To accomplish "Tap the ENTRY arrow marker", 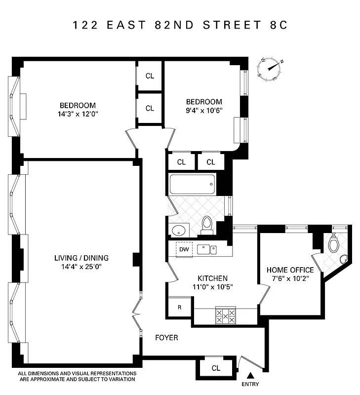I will click(x=249, y=375).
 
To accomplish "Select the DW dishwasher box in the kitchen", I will click(x=184, y=249).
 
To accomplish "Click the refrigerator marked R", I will click(x=179, y=307).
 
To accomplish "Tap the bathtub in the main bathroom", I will click(x=193, y=184).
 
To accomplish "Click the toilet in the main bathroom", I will click(x=207, y=225).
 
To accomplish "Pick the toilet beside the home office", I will click(x=334, y=242).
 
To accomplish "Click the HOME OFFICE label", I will click(x=290, y=270).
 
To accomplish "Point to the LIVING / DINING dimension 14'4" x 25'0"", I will click(x=81, y=267).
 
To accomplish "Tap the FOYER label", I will click(x=166, y=338).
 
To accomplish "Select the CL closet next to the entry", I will click(x=216, y=368).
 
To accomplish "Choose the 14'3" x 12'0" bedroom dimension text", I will click(x=78, y=114).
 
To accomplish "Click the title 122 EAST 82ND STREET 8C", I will click(x=180, y=25).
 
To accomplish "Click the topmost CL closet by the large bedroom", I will click(x=150, y=76).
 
